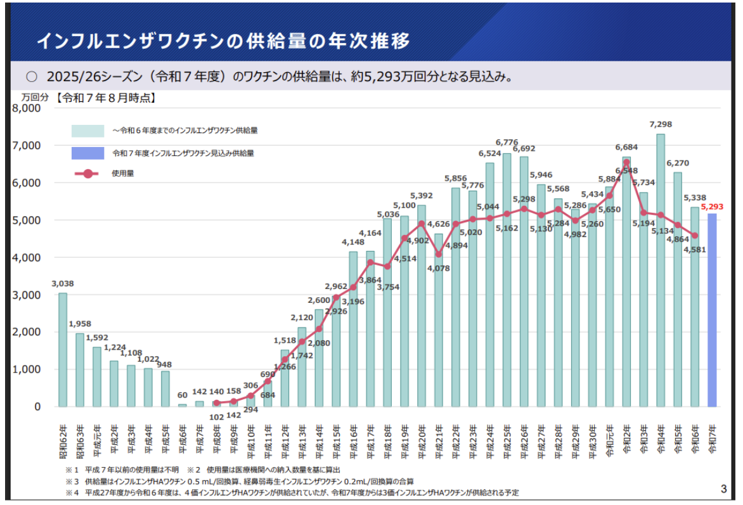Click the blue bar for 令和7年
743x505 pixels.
(x=712, y=310)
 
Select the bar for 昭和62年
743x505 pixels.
(x=63, y=349)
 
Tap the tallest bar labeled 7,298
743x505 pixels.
(x=661, y=270)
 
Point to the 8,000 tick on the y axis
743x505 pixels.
(x=26, y=108)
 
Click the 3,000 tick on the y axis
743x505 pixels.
(x=26, y=295)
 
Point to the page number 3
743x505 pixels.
(x=724, y=488)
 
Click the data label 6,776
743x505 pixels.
(x=507, y=142)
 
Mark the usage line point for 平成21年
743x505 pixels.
(x=438, y=254)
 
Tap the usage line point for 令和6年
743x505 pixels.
(x=695, y=235)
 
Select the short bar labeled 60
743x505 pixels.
(x=182, y=405)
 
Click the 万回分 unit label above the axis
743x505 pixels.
(x=34, y=98)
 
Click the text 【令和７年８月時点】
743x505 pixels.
(x=105, y=98)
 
